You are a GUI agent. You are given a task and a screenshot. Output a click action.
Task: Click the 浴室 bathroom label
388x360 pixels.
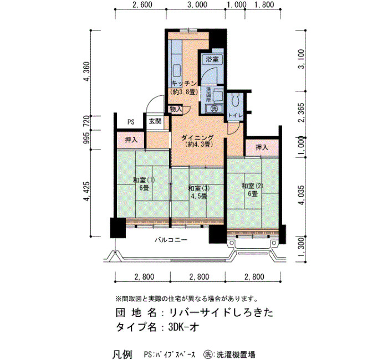coord(212,59)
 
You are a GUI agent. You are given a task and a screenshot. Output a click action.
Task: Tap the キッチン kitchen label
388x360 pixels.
coord(184,84)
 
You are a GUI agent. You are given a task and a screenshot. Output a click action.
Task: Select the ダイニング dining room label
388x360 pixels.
coord(197,138)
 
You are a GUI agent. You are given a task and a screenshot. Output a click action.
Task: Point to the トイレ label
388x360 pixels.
coord(235,115)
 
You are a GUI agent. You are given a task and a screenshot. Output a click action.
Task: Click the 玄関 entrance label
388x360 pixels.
coord(155,121)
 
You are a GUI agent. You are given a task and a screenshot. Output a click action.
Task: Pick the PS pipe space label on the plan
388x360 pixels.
coord(131,122)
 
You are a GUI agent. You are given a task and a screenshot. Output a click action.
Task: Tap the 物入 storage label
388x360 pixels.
coord(176,109)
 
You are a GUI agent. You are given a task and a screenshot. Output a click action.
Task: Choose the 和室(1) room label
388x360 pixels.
coord(144,180)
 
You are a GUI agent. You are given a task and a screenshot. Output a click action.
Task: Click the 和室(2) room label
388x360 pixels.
coord(252,186)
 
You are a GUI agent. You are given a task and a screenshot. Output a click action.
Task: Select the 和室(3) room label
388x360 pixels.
coord(198,188)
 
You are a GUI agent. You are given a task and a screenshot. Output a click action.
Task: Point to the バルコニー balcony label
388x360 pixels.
coord(171,240)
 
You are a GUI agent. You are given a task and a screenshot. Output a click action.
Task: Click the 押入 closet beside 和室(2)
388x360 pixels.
coord(262,148)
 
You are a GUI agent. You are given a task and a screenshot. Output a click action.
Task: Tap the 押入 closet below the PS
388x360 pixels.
coord(131,140)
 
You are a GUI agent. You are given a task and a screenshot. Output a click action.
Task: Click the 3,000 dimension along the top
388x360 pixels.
coord(197,4)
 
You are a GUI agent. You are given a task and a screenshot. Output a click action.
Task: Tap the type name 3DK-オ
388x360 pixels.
coord(183,327)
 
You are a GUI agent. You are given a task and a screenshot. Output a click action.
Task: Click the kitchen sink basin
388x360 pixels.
coord(177,71)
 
